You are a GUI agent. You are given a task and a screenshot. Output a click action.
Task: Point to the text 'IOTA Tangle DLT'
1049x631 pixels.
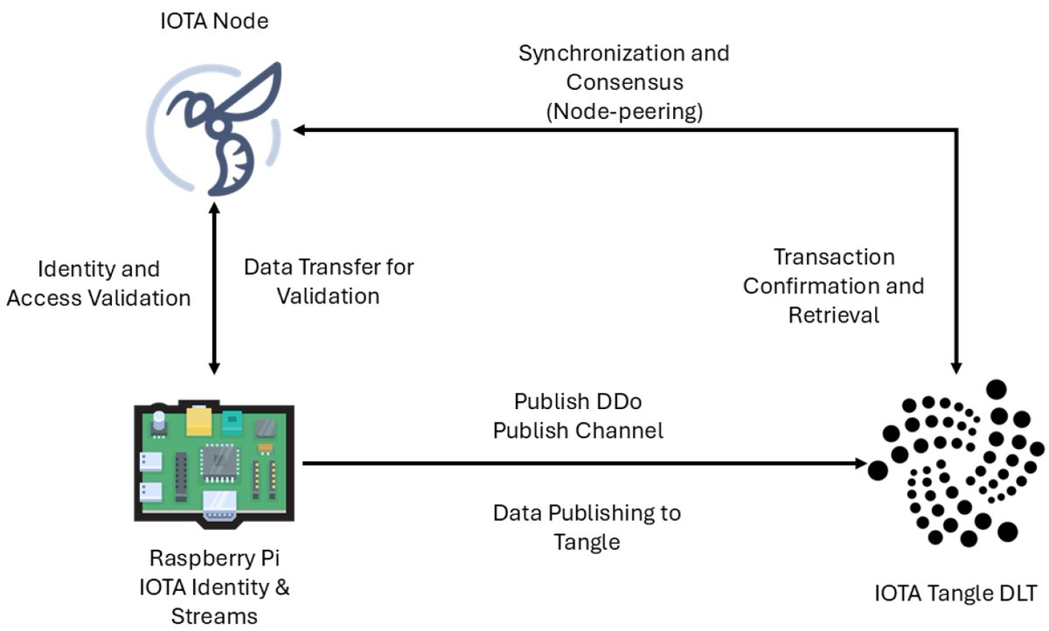pyautogui.click(x=955, y=595)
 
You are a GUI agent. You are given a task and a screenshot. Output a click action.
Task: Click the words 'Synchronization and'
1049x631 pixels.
pyautogui.click(x=623, y=53)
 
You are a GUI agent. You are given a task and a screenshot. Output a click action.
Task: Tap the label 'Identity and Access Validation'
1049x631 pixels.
pyautogui.click(x=98, y=283)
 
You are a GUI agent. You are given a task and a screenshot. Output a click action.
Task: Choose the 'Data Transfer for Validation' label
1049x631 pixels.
pyautogui.click(x=328, y=281)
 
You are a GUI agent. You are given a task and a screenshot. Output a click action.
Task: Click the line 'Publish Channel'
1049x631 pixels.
pyautogui.click(x=578, y=431)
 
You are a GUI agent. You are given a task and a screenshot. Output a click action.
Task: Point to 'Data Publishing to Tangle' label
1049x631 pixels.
pyautogui.click(x=587, y=526)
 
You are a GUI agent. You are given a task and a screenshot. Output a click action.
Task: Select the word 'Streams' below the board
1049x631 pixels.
pyautogui.click(x=215, y=616)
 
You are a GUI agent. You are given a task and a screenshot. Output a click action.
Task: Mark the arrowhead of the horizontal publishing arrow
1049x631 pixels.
pyautogui.click(x=858, y=464)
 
